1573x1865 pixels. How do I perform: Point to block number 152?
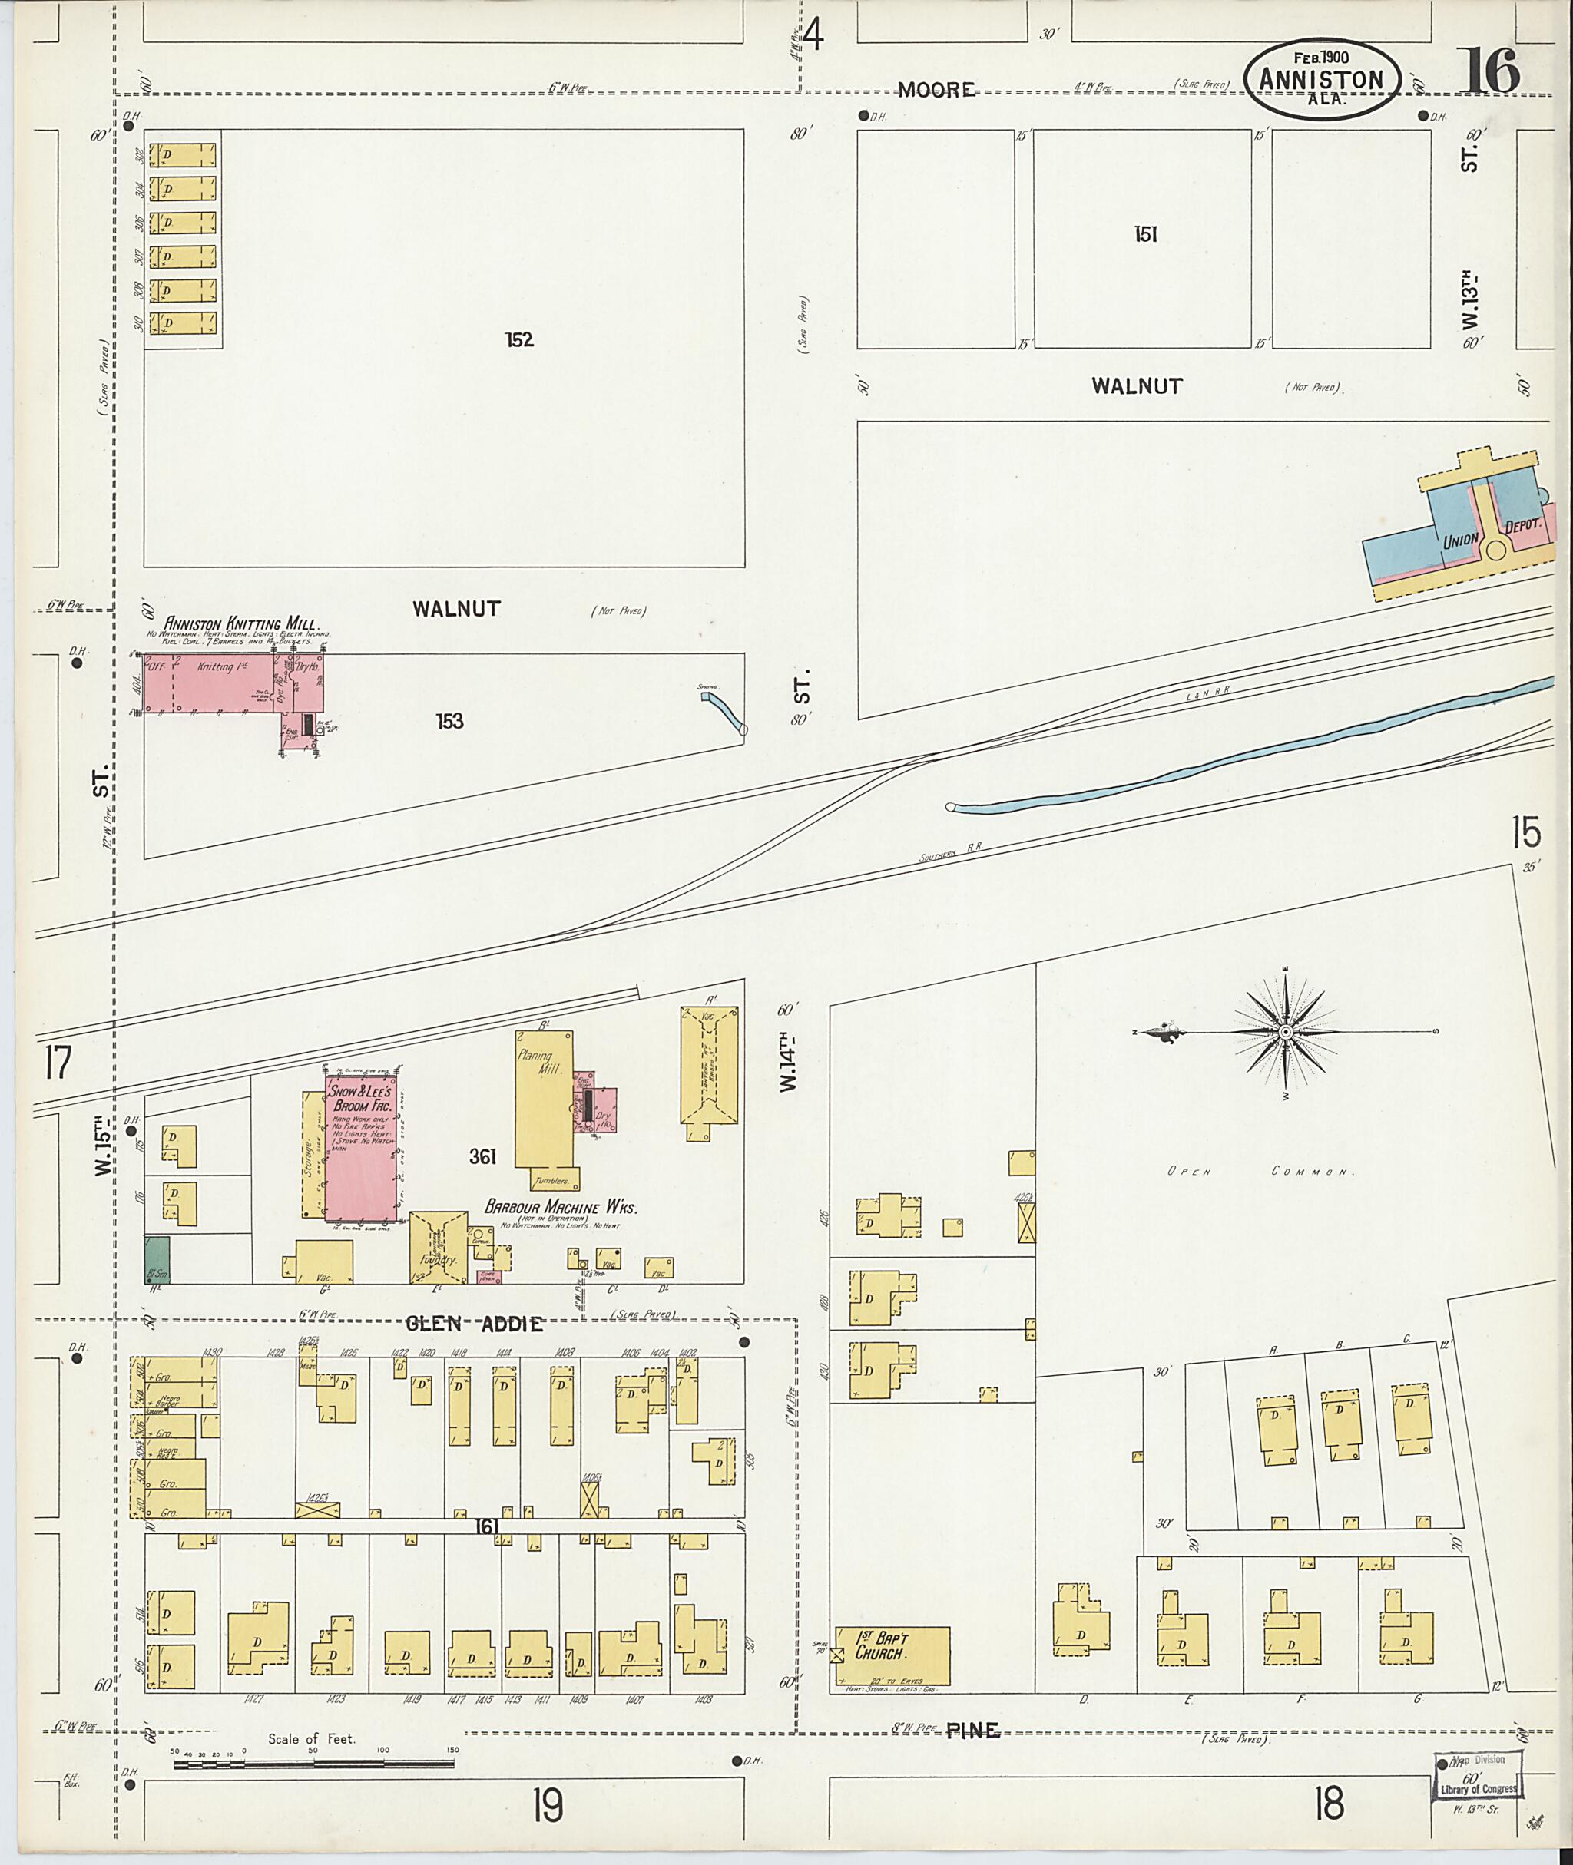[519, 339]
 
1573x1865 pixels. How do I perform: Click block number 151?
[1145, 234]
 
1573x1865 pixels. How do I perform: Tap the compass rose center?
[1286, 1033]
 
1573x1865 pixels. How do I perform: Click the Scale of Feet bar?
[316, 1764]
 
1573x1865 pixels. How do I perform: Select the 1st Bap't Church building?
[892, 1656]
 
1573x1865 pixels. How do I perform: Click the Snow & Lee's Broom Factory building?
[361, 1146]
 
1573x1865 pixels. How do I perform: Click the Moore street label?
[936, 89]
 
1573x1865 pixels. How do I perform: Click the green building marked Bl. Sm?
[157, 1260]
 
